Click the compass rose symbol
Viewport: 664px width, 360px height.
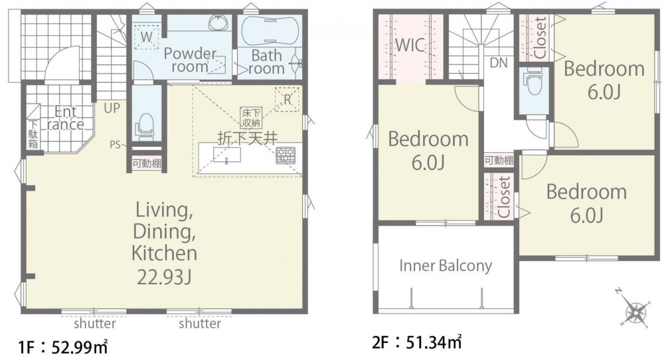click(x=634, y=309)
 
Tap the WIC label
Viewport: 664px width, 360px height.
click(x=410, y=45)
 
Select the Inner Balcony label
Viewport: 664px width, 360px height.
click(x=446, y=266)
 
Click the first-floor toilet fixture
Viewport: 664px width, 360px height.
click(x=144, y=126)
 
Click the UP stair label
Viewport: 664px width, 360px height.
click(x=112, y=108)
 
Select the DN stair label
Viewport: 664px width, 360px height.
click(x=499, y=62)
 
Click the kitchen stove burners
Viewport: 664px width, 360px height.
click(x=286, y=155)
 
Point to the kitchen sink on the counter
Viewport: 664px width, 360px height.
click(x=227, y=155)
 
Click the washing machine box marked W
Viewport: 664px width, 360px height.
click(x=147, y=37)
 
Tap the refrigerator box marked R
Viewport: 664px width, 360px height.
click(x=287, y=100)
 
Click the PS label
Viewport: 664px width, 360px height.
click(x=115, y=144)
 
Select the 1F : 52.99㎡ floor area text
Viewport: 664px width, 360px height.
click(x=62, y=347)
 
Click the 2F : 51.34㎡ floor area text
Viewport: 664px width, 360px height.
click(x=417, y=342)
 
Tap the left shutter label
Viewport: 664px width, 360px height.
click(x=94, y=324)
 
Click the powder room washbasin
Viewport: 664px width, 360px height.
click(x=218, y=23)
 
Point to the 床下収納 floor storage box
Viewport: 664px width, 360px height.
click(x=251, y=118)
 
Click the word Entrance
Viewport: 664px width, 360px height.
click(x=66, y=118)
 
